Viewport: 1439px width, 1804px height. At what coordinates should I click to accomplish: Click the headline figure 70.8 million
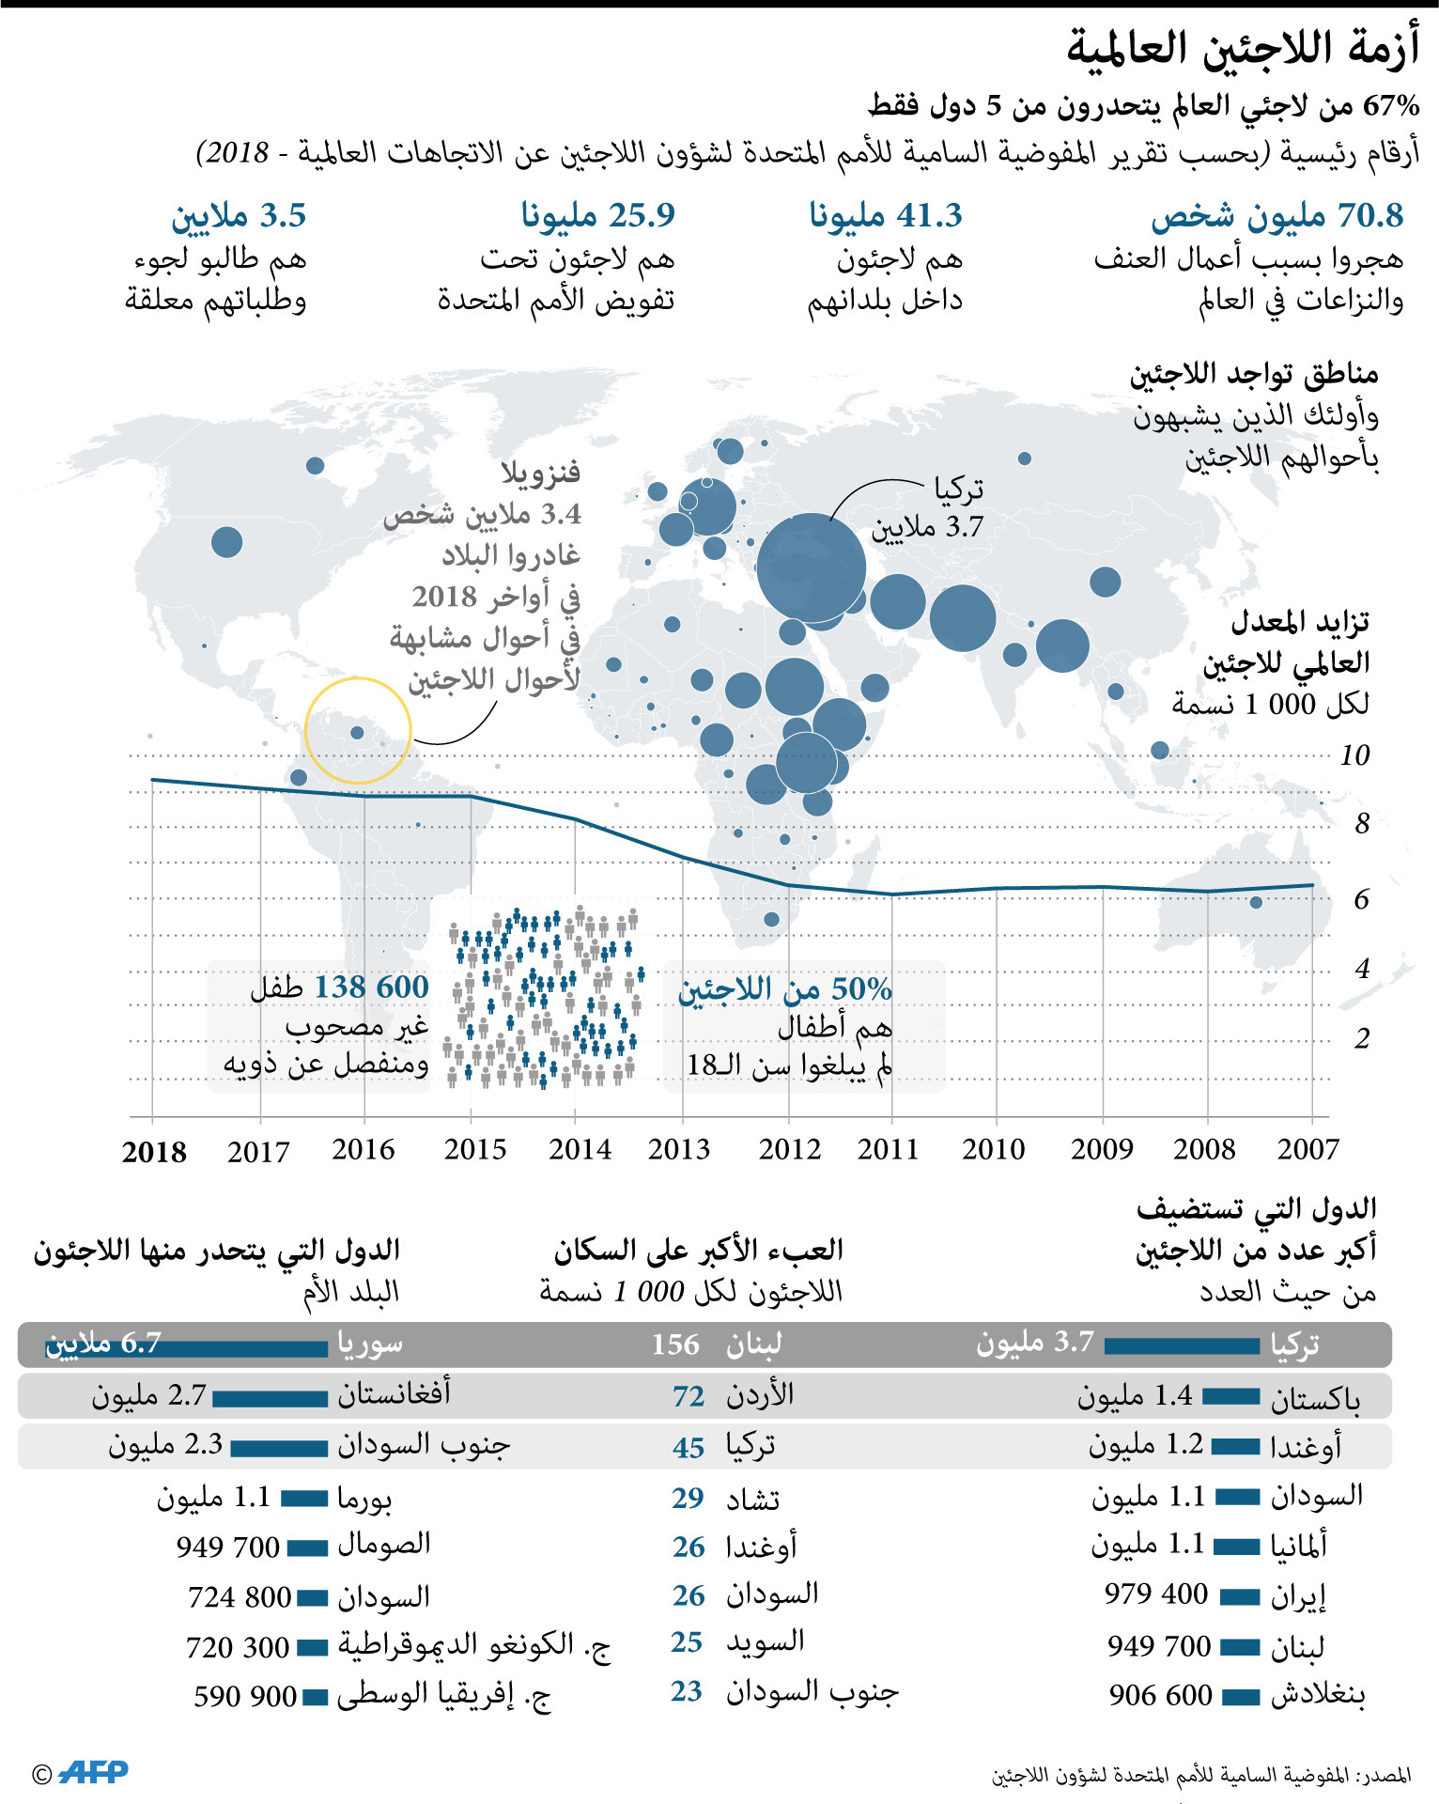(x=1277, y=216)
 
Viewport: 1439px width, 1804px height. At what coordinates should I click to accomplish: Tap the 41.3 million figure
(x=886, y=216)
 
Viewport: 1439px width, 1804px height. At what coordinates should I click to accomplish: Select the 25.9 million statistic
(x=598, y=216)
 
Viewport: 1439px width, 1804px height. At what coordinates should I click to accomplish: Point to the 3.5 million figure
(x=239, y=216)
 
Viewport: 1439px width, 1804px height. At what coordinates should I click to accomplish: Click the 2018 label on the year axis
(x=154, y=1152)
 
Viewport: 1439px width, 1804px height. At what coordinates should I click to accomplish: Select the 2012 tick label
(x=790, y=1149)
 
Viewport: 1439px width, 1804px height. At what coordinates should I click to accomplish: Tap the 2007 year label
(x=1308, y=1149)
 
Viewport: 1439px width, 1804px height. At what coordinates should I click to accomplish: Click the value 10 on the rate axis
(x=1355, y=754)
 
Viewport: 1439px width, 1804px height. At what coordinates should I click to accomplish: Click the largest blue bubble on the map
(x=812, y=568)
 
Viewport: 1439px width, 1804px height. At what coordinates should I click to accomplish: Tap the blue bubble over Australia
(x=1256, y=902)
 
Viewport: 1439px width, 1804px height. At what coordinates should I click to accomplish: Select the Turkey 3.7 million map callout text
(x=929, y=508)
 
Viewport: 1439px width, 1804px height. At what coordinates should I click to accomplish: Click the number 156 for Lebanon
(x=675, y=1345)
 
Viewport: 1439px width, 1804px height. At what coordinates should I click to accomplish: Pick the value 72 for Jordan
(x=689, y=1396)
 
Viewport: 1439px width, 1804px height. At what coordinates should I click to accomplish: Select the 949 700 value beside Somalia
(x=228, y=1547)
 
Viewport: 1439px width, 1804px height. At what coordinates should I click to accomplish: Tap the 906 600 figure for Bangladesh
(x=1161, y=1695)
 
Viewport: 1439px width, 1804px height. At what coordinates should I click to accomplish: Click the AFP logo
(x=93, y=1772)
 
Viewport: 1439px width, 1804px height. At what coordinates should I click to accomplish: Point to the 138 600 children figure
(x=371, y=987)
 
